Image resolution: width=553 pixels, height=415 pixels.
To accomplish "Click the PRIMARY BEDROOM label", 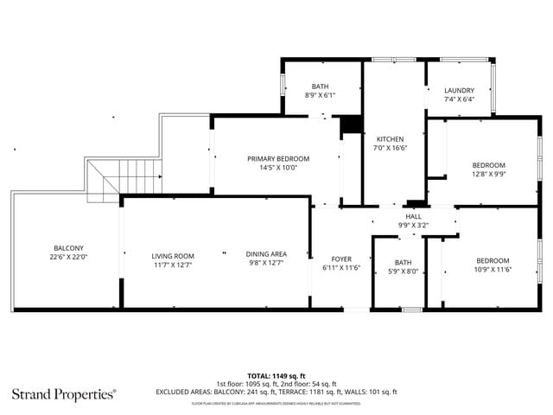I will click(277, 158).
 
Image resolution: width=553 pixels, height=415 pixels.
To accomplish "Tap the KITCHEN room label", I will click(390, 138).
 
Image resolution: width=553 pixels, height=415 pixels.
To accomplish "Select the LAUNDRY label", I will click(459, 90).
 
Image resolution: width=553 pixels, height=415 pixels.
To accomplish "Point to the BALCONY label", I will click(68, 247).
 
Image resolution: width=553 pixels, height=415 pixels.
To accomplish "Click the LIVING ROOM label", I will click(173, 255).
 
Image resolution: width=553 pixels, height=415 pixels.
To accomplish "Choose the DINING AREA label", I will click(266, 253).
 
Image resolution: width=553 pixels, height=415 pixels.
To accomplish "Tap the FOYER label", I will click(341, 259).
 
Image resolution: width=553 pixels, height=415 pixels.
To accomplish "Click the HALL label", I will click(413, 216).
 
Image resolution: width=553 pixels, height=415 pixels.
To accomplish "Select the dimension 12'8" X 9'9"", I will click(488, 173).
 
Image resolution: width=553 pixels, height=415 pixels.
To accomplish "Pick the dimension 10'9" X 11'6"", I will click(493, 270).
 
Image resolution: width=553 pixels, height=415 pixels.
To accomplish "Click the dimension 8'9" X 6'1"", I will click(320, 95).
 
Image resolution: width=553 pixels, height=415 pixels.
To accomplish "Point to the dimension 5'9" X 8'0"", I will click(403, 271).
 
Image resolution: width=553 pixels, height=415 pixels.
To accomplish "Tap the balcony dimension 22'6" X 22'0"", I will click(68, 257).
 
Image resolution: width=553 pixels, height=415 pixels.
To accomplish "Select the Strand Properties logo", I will click(63, 394).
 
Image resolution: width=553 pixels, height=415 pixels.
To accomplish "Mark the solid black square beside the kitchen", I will click(351, 125).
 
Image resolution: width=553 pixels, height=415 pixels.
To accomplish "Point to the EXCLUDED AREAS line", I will click(276, 392).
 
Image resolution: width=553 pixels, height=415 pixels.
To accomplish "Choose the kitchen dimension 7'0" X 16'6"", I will click(390, 148).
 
